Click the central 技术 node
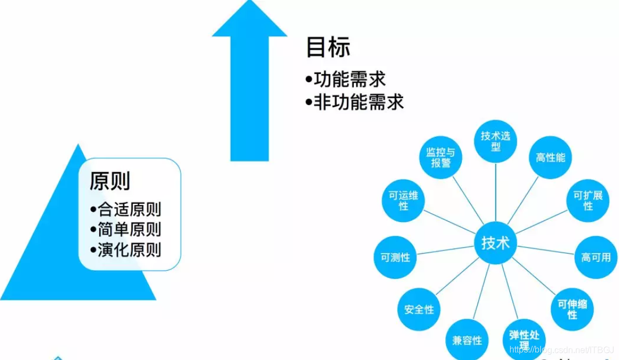tap(495, 243)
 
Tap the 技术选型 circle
tap(495, 141)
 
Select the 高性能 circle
tap(550, 157)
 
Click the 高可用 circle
tap(595, 256)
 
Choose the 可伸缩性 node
tap(572, 309)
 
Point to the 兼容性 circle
tap(467, 340)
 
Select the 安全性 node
tap(419, 310)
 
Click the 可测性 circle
tap(396, 257)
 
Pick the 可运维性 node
tap(403, 201)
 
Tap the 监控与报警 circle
tap(440, 157)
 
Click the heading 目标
tap(328, 48)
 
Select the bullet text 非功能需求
tap(358, 102)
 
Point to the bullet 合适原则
tap(129, 209)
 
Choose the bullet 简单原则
tap(129, 230)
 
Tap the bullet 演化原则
tap(129, 250)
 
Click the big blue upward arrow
tap(249, 82)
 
